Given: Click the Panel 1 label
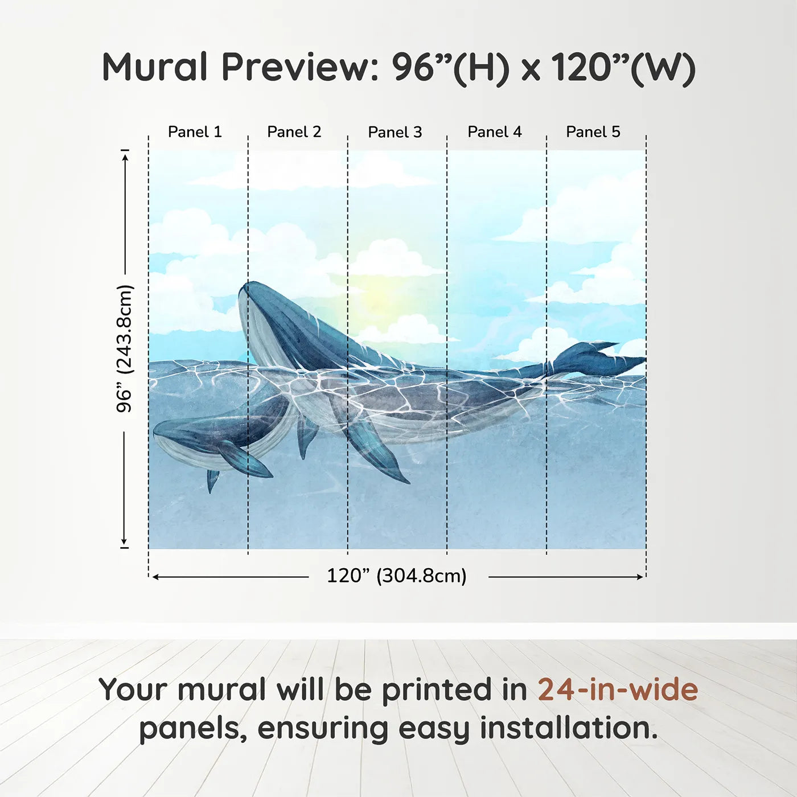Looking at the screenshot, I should (x=195, y=132).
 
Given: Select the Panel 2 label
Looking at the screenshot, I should (x=294, y=132).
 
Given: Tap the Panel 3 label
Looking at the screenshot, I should (x=395, y=133).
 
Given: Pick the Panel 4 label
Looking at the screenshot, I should (x=495, y=132).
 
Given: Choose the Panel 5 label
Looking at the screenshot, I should (x=593, y=132).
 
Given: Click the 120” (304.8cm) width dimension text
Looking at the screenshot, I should (x=397, y=576).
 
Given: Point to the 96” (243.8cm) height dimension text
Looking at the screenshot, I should (x=125, y=348).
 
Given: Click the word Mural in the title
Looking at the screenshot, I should (x=155, y=67).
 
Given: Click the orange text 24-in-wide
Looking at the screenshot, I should (x=618, y=690).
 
